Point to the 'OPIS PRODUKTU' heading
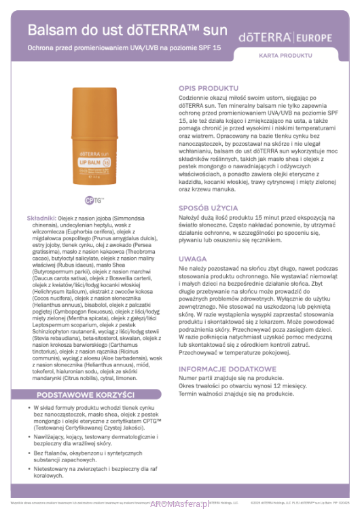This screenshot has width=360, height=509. point(209,88)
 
